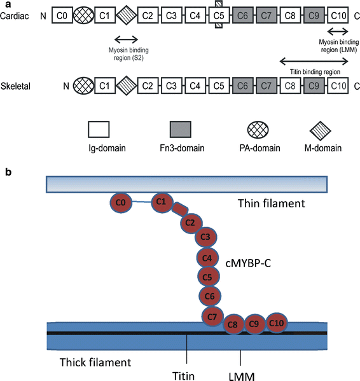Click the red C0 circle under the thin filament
pos(120,203)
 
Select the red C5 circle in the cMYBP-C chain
pos(206,278)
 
